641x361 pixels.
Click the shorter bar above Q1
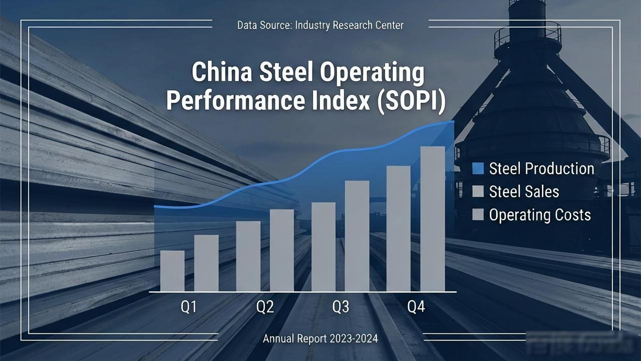(x=172, y=271)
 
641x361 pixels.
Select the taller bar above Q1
(x=206, y=263)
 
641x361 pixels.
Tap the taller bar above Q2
(x=282, y=250)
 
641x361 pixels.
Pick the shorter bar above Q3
(x=324, y=247)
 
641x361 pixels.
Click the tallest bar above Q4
(x=433, y=219)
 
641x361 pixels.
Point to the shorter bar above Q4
(x=398, y=229)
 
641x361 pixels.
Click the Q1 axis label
(x=189, y=307)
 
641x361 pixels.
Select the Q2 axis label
(x=265, y=307)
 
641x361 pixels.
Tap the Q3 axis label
(x=341, y=307)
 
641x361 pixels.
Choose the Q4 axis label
(x=416, y=307)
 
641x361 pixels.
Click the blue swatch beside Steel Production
(x=478, y=168)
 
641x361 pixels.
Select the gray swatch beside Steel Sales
(x=478, y=192)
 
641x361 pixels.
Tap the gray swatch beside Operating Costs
(x=478, y=214)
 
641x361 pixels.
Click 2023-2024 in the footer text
(x=354, y=338)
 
